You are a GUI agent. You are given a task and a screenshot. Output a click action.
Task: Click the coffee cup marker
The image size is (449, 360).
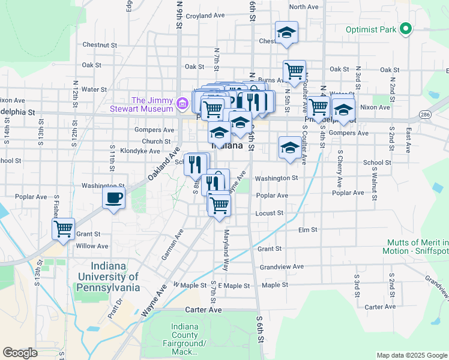(x=113, y=198)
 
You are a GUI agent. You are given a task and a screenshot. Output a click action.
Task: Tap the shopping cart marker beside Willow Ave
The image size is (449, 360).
(x=63, y=229)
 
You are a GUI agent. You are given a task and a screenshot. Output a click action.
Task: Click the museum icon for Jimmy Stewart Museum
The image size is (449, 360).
(x=182, y=104)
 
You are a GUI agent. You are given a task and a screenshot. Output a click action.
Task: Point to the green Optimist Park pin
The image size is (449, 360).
(x=406, y=29)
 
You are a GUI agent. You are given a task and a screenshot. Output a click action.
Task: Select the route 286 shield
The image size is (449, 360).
(x=425, y=114)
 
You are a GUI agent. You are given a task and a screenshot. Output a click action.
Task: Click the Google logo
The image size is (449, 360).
(x=20, y=352)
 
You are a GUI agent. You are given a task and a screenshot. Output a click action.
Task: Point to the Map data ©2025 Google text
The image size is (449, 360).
(x=411, y=355)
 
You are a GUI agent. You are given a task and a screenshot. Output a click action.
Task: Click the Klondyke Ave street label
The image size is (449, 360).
(x=138, y=151)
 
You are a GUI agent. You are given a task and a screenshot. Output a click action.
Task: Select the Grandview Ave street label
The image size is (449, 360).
(x=282, y=266)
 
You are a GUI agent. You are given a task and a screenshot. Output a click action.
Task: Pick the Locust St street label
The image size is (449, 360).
(x=269, y=213)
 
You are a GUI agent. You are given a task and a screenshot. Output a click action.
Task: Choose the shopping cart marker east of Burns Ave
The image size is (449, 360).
(x=294, y=71)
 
